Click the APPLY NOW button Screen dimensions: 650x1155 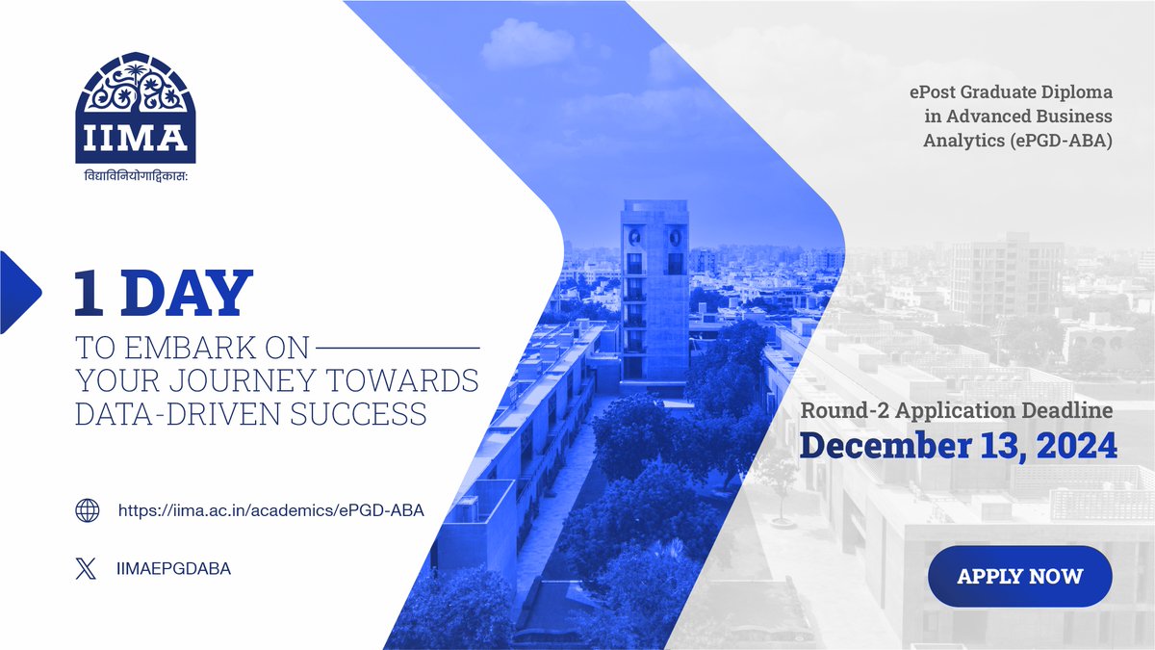[x=1019, y=577]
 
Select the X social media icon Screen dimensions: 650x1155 [x=87, y=569]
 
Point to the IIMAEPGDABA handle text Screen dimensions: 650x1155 [x=172, y=569]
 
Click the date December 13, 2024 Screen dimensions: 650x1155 [x=959, y=446]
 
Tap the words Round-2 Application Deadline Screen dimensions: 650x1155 [x=957, y=410]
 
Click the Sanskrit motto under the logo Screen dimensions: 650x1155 [x=136, y=177]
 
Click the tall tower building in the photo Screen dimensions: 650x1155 [x=654, y=289]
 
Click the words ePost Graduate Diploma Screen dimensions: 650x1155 [x=1011, y=93]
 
